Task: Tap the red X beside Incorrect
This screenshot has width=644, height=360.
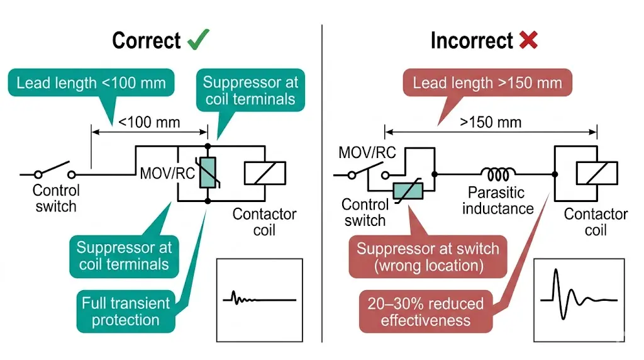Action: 528,40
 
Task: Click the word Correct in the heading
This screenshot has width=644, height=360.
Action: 146,41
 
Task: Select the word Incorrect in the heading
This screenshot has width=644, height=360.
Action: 472,41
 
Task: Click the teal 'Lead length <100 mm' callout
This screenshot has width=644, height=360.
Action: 91,82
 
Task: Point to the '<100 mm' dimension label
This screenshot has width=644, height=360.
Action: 148,121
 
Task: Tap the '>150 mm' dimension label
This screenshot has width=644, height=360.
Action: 491,121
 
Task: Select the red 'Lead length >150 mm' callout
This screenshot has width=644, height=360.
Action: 487,82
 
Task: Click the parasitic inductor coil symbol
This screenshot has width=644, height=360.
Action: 499,172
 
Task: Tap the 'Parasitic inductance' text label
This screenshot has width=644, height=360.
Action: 498,200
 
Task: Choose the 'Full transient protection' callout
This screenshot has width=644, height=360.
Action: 126,312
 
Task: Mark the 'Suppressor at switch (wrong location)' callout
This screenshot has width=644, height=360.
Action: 429,257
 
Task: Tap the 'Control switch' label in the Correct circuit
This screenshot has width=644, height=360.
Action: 56,198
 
